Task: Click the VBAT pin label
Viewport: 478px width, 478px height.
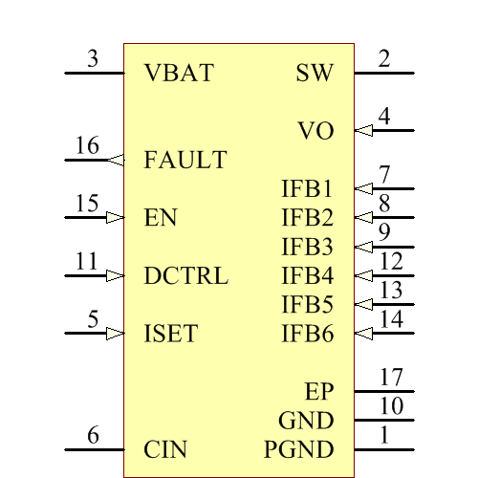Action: point(179,73)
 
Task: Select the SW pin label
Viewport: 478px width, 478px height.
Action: point(315,73)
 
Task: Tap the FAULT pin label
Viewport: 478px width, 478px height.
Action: point(185,160)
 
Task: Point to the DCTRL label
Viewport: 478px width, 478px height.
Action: point(185,276)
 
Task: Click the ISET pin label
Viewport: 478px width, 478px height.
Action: point(171,334)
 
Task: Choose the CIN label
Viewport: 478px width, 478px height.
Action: point(165,449)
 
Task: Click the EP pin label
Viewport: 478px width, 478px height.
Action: point(319,391)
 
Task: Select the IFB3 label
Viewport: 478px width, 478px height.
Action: point(307,247)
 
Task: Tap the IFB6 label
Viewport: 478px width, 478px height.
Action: point(307,334)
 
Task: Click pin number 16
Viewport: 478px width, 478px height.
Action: point(87,145)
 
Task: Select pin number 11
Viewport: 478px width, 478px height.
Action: point(87,261)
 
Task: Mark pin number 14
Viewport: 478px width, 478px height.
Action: point(391,318)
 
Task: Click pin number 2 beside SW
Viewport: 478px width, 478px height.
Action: point(384,58)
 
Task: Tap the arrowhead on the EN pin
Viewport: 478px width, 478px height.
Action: point(116,218)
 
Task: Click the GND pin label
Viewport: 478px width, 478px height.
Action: point(306,421)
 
